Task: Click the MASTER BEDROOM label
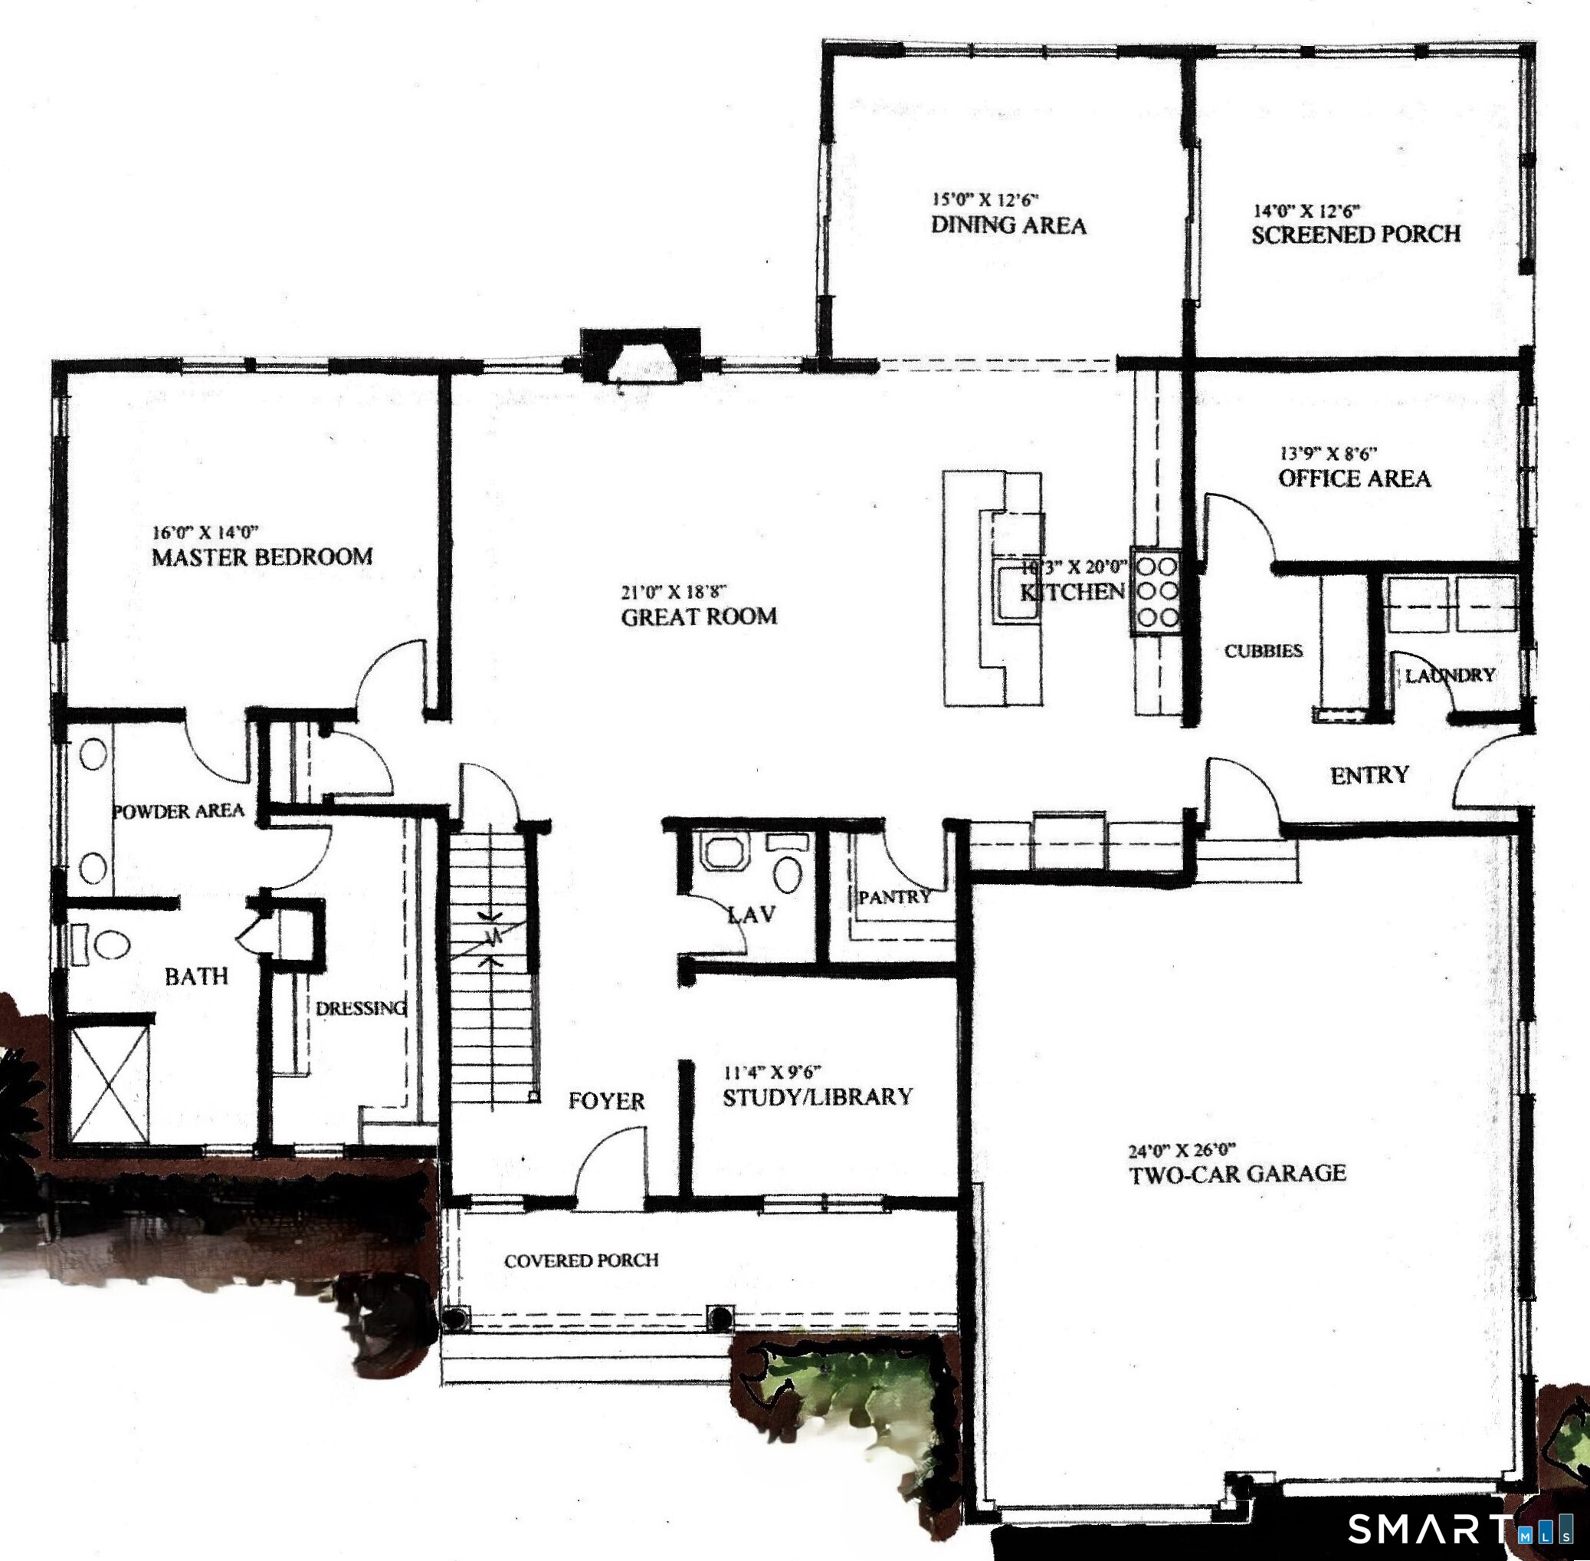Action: pos(262,557)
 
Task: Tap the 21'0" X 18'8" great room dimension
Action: pos(674,591)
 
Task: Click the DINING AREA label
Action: pos(1008,225)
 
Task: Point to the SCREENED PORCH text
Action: pos(1356,235)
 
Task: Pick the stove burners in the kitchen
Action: pos(1156,591)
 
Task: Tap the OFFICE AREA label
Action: pos(1355,478)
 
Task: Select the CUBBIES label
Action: pos(1263,651)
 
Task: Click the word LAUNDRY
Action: pos(1450,675)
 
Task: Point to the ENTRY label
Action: pos(1369,775)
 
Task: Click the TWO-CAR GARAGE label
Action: pos(1237,1174)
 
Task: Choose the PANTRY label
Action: pos(894,897)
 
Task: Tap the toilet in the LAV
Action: pos(787,874)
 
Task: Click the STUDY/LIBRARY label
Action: pos(817,1097)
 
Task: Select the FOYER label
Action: pos(606,1100)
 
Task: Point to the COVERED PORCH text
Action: pos(581,1260)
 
